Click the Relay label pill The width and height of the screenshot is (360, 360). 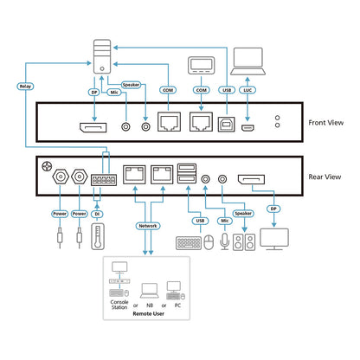25,87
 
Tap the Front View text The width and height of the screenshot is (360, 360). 326,123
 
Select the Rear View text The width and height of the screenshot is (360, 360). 325,177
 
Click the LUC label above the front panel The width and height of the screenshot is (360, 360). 247,90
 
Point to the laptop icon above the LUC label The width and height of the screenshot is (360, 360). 247,61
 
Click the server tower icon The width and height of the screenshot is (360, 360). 102,56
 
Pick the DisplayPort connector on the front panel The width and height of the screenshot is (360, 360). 93,127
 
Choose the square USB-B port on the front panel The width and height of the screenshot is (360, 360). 227,125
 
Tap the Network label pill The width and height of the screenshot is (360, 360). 148,226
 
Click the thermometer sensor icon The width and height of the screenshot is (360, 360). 98,236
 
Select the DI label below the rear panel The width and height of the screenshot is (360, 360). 97,214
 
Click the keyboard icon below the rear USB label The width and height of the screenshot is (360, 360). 189,243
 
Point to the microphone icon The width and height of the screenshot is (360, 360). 225,241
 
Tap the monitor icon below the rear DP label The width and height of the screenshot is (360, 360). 274,239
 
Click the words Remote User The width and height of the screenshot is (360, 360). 149,313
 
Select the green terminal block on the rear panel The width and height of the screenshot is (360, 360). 104,180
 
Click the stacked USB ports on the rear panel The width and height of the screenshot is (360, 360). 187,173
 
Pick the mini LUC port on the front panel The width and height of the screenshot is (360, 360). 247,128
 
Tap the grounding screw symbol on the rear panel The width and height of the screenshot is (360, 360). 47,166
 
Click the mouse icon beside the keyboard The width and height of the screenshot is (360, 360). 209,242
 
